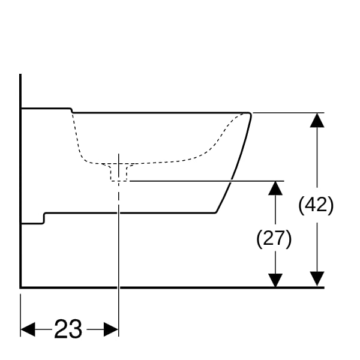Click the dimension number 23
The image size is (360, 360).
(68, 329)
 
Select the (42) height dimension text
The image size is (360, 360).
(316, 205)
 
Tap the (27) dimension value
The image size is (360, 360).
(274, 239)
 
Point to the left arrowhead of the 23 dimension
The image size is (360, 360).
(28, 329)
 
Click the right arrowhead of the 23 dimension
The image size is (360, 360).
(112, 329)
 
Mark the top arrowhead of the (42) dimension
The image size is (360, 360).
(317, 120)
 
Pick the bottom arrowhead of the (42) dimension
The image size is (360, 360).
(317, 280)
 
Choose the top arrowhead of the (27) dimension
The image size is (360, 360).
(275, 187)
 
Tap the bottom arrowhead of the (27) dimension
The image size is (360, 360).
(275, 280)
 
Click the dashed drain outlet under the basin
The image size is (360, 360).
(119, 172)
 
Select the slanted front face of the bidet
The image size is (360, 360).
(239, 162)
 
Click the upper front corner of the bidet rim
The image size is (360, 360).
(248, 113)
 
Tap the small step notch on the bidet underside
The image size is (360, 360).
(44, 218)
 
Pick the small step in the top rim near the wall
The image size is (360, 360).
(71, 110)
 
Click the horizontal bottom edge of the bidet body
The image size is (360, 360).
(132, 213)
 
